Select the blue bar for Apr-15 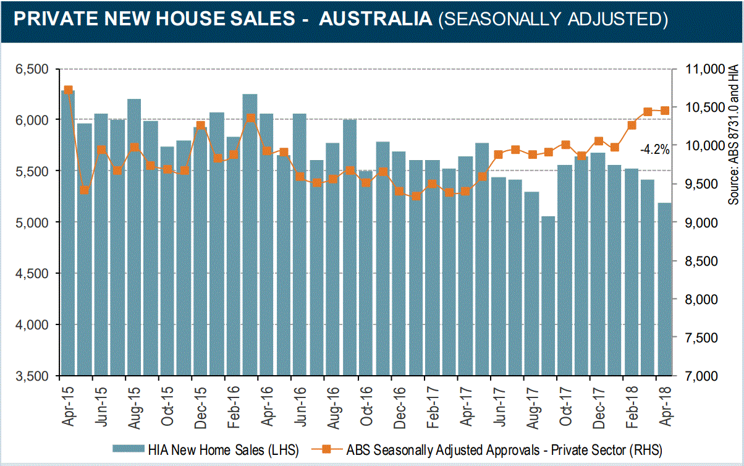pyautogui.click(x=68, y=235)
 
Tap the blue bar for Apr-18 pyautogui.click(x=665, y=290)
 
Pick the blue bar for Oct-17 pyautogui.click(x=565, y=272)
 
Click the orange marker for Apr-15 pyautogui.click(x=68, y=90)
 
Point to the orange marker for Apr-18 pyautogui.click(x=665, y=111)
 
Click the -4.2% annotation pyautogui.click(x=654, y=149)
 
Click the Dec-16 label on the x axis pyautogui.click(x=399, y=403)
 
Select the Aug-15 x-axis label pyautogui.click(x=134, y=403)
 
